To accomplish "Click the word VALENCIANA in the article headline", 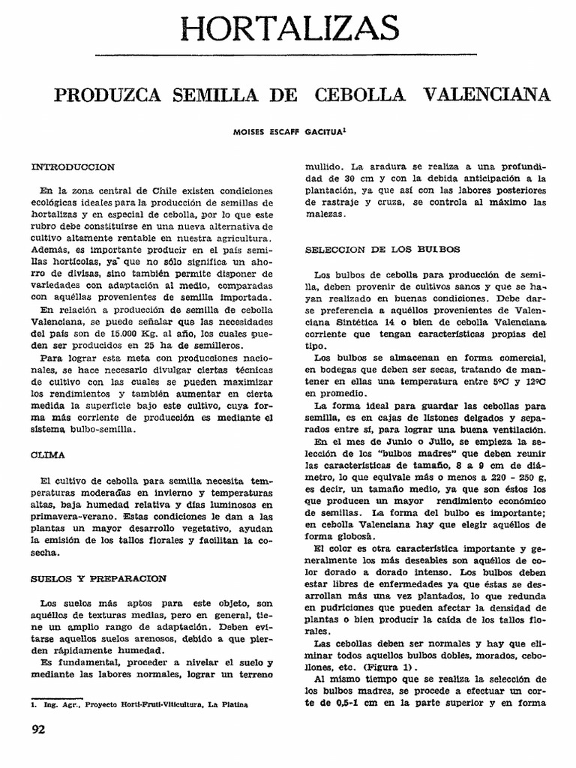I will point(486,95).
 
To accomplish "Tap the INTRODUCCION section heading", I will point(73,166).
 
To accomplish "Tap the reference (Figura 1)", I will point(387,666).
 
